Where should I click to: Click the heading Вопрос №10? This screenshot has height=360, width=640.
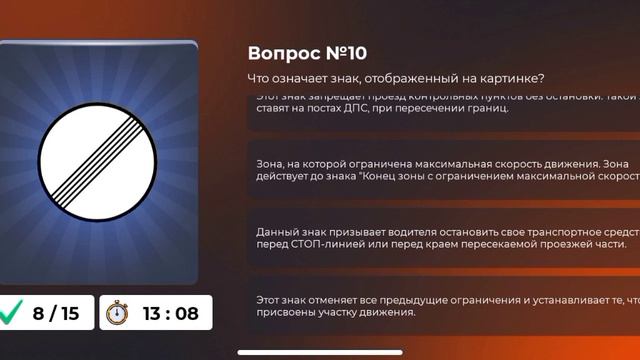pyautogui.click(x=313, y=53)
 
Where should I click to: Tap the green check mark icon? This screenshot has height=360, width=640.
pyautogui.click(x=13, y=313)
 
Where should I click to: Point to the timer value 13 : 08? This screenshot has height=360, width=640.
pyautogui.click(x=170, y=313)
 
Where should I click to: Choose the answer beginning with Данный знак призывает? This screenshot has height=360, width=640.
pyautogui.click(x=440, y=237)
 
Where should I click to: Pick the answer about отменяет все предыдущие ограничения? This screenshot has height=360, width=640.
pyautogui.click(x=440, y=305)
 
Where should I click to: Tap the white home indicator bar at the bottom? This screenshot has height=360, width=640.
pyautogui.click(x=320, y=351)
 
